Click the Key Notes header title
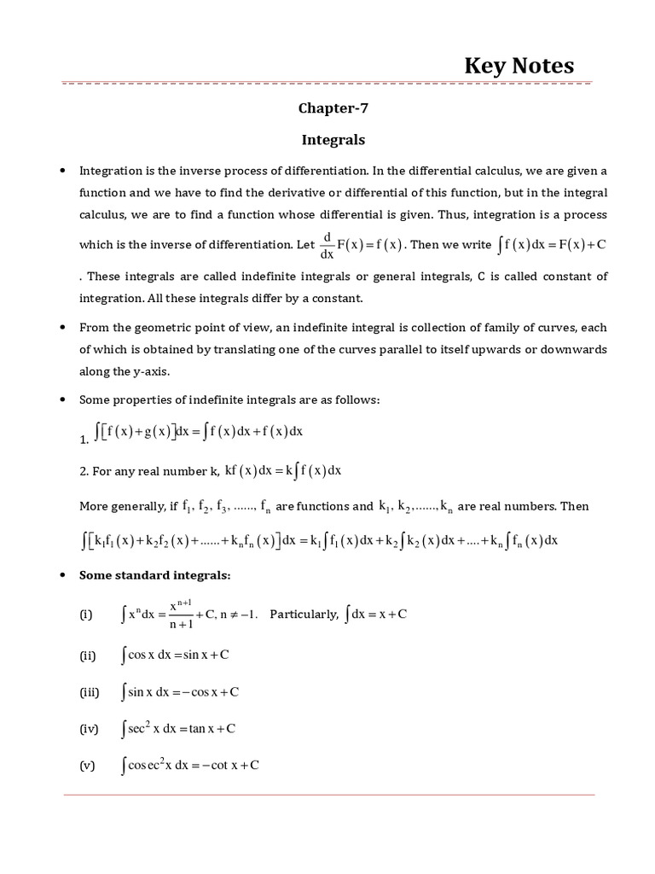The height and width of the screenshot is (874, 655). [x=519, y=66]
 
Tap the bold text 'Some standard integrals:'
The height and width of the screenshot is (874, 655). [x=154, y=575]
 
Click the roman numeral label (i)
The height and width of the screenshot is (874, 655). [x=86, y=615]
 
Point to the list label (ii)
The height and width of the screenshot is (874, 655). [x=87, y=655]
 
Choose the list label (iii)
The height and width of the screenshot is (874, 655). [x=89, y=692]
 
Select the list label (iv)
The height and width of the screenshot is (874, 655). [x=89, y=729]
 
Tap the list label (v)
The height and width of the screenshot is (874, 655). [x=87, y=766]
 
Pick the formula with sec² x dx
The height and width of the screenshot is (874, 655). [x=178, y=728]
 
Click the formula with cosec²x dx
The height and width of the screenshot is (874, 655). [x=190, y=766]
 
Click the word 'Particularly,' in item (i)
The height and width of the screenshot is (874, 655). [x=304, y=615]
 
